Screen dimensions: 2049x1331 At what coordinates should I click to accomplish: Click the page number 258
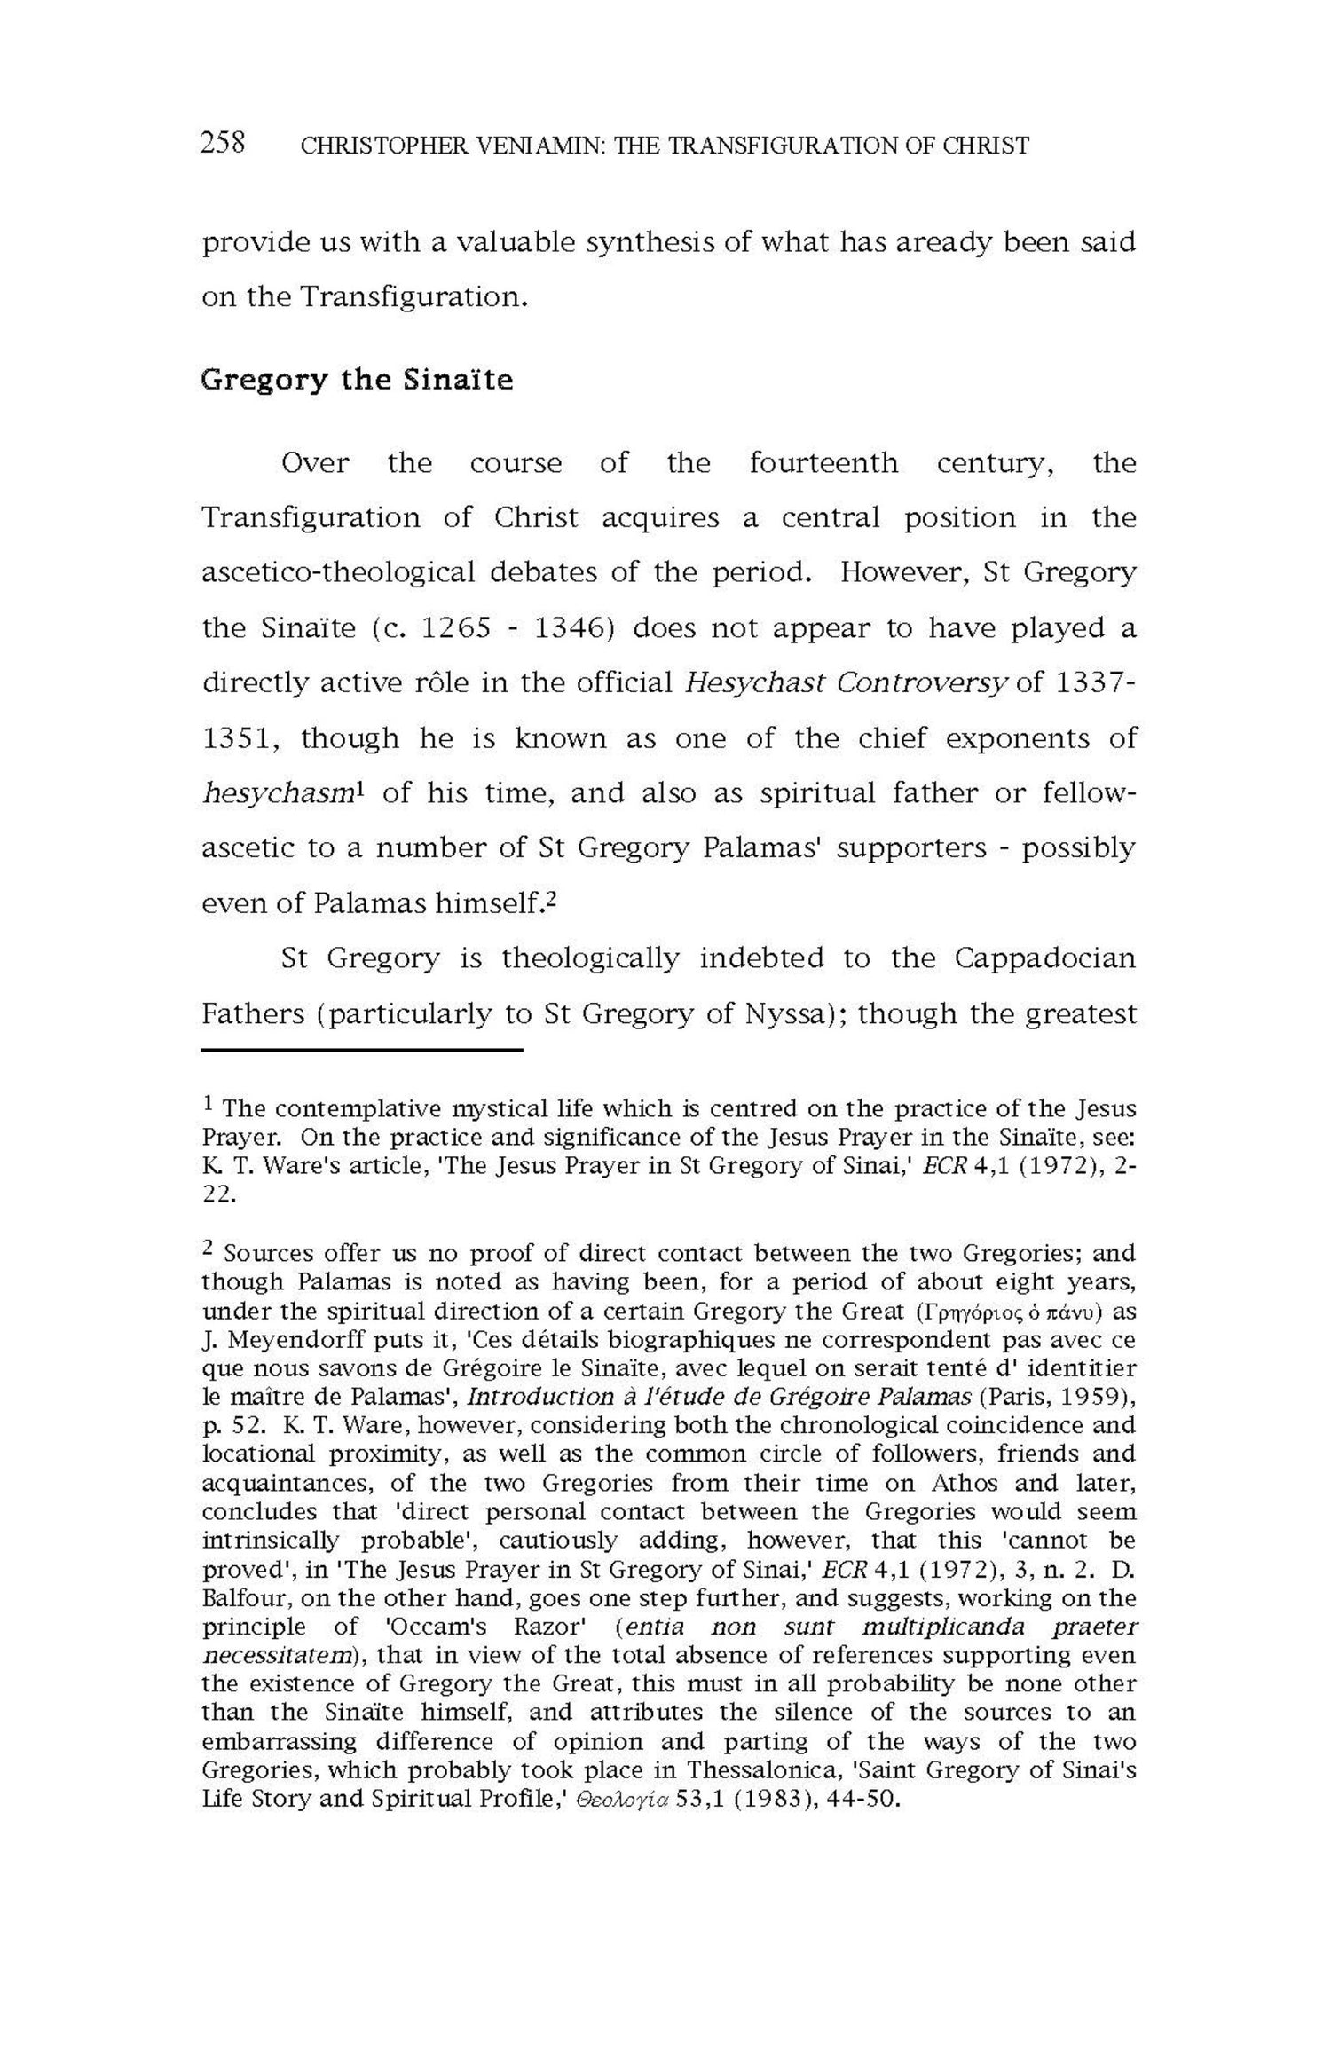pyautogui.click(x=223, y=142)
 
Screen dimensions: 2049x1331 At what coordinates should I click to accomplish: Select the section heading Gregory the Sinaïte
pyautogui.click(x=357, y=380)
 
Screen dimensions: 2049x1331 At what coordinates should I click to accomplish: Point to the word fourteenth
pyautogui.click(x=823, y=463)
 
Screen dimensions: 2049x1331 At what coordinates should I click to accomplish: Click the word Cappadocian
pyautogui.click(x=1045, y=958)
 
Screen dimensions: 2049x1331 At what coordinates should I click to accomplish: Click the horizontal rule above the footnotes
pyautogui.click(x=361, y=1051)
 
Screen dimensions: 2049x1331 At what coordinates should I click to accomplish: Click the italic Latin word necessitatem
pyautogui.click(x=275, y=1655)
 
